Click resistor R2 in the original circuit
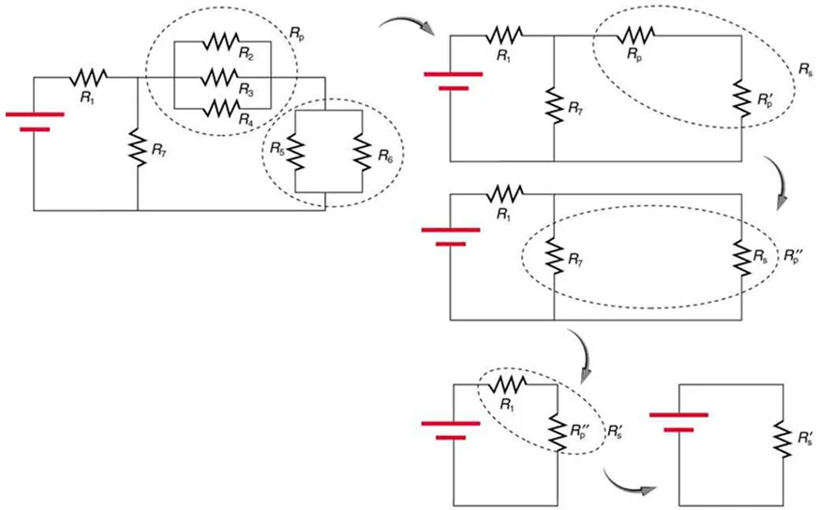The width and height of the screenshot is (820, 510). pos(221,42)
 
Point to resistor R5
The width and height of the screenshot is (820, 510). pos(294,153)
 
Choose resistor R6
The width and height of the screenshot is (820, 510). pos(358,153)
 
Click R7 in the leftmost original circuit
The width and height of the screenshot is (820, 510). pos(138,148)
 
